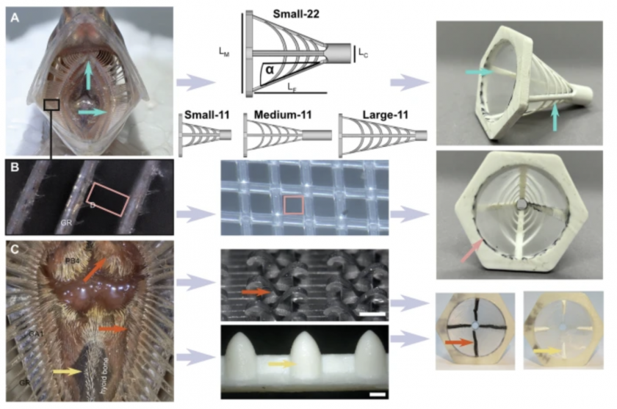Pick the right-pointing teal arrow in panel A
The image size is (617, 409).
pos(93,112)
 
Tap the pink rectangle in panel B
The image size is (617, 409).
pos(107,200)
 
